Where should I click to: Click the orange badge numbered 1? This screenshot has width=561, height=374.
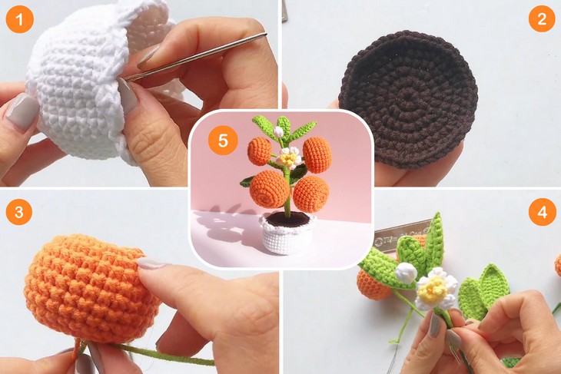19,19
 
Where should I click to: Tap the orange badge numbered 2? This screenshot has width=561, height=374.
542,19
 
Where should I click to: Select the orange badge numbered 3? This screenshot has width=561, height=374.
19,211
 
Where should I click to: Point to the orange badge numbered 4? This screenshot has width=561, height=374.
542,211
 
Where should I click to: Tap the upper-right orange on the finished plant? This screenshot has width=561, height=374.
317,154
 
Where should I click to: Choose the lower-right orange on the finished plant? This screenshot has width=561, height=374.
310,194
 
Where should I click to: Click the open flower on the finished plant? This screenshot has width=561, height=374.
289,159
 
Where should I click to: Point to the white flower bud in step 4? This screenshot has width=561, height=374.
406,272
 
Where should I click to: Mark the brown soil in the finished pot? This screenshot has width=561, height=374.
287,220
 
